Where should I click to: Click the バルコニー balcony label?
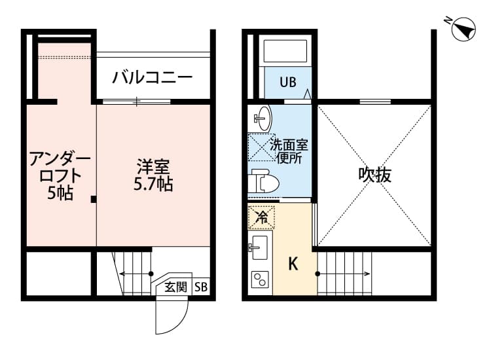pos(152,78)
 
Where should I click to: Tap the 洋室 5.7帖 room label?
pos(153,175)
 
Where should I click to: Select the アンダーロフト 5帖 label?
pos(59,175)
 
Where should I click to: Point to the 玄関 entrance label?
pos(175,286)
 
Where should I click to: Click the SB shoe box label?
pos(201,286)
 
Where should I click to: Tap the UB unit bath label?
pos(288,82)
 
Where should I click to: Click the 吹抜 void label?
pos(374,175)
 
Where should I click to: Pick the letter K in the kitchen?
pos(293,264)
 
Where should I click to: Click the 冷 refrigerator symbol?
pos(261,215)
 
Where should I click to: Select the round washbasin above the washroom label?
pos(261,118)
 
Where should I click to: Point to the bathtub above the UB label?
pos(285,52)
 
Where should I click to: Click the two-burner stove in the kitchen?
pos(261,281)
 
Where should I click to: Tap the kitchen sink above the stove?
pos(260,247)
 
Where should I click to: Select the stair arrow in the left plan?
pos(136,274)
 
